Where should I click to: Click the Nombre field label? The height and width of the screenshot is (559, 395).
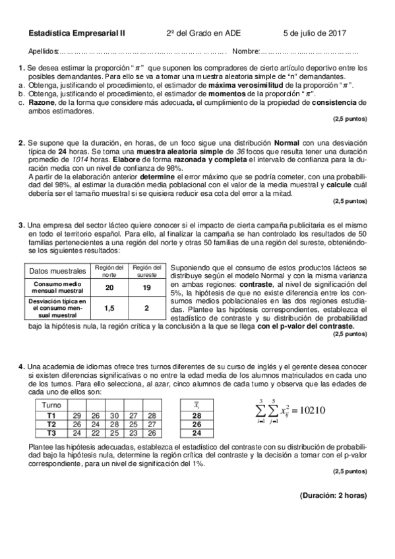246,51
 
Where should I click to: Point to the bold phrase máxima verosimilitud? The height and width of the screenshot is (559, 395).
245,86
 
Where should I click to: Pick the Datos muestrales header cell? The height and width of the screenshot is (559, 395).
57,270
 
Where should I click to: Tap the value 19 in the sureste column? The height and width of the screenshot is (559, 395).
146,287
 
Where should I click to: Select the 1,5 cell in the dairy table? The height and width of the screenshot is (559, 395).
109,308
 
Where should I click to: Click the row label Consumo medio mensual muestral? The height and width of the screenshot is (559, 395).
57,287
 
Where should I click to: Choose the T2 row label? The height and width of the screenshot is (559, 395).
51,424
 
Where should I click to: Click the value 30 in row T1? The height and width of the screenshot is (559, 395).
114,415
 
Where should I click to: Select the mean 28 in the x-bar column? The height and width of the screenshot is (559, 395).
196,415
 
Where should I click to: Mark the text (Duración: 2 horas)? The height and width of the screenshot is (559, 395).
332,495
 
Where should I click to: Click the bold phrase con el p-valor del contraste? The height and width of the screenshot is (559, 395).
305,326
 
